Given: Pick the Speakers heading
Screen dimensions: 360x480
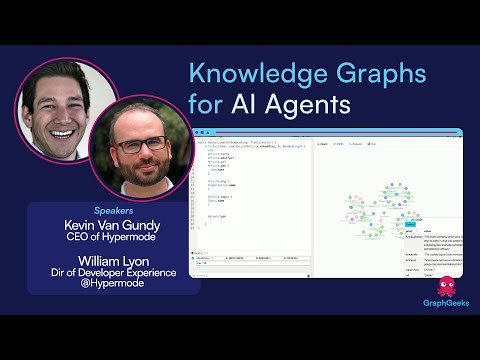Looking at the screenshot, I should click(x=114, y=212).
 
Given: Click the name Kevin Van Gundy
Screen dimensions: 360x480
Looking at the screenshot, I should click(x=114, y=227).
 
